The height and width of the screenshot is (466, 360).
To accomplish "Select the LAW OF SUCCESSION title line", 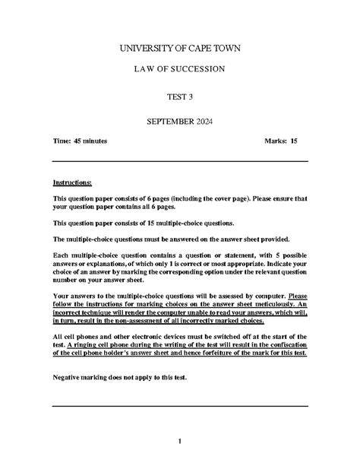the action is click(x=179, y=70).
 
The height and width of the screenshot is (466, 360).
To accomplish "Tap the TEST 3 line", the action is click(x=179, y=97).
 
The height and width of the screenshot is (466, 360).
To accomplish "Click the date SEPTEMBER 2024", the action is click(x=179, y=122).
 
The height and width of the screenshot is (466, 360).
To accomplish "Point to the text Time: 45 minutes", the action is click(x=80, y=141).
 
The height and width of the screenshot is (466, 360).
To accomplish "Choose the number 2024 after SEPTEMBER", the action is click(x=205, y=122).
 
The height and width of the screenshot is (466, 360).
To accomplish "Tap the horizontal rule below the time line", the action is click(x=179, y=161).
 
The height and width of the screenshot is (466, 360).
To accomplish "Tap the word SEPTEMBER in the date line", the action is click(x=168, y=122).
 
